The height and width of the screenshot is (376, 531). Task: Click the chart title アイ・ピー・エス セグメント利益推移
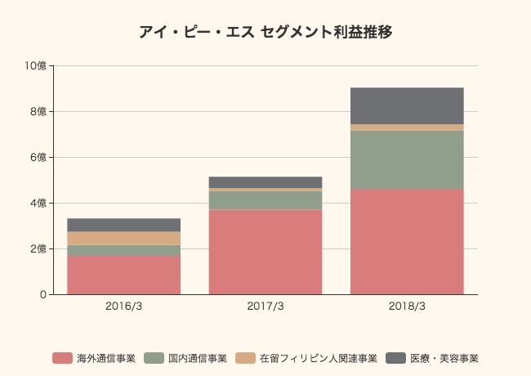pos(265,33)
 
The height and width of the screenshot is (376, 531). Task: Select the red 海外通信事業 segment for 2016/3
pos(123,275)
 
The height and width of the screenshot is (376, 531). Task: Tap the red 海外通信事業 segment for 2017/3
pos(265,252)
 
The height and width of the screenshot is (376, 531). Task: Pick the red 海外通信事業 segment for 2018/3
pos(407,241)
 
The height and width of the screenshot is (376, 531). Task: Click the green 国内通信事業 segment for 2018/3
pos(407,160)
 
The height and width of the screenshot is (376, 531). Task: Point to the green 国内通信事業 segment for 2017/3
pos(265,200)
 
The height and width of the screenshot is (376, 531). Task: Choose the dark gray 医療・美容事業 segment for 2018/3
pos(407,105)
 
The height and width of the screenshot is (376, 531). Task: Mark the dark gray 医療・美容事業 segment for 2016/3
pos(123,225)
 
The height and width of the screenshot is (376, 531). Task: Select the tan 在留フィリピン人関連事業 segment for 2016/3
pos(123,238)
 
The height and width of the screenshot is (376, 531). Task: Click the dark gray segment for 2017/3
pos(265,182)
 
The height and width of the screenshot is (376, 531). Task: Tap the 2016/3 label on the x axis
pos(123,307)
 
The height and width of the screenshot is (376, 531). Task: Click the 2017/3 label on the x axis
pos(265,307)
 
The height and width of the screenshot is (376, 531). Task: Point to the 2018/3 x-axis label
pos(407,307)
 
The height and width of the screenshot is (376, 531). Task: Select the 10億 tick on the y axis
pos(37,65)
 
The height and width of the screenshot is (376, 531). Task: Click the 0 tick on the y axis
pos(42,294)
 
